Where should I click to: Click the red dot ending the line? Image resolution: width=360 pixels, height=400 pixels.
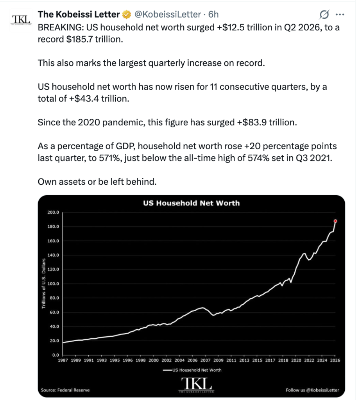pos(335,221)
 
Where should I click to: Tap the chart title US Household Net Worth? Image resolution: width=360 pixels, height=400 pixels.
pos(191,203)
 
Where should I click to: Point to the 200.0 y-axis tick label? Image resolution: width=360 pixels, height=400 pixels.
pos(53,212)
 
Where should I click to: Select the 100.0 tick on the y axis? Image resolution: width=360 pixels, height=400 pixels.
pos(53,284)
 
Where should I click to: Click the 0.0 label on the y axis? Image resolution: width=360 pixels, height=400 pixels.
pos(56,355)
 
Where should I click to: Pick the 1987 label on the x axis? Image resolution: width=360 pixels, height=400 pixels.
pos(63,360)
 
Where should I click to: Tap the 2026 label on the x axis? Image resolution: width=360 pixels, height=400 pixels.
pos(335,360)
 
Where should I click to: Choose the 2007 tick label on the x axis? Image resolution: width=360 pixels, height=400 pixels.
pos(205,360)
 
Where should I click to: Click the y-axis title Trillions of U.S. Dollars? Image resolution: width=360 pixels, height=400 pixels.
pos(44,284)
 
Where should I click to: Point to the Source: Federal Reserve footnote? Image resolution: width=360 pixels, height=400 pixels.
pos(65,390)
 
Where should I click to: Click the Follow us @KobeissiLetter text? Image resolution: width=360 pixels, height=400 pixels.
pos(312,390)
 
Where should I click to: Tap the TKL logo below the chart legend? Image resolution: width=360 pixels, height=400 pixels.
pos(196,385)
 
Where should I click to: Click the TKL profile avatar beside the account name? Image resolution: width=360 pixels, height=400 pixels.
pos(21,20)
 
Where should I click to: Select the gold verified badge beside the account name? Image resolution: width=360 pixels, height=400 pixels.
pos(127,14)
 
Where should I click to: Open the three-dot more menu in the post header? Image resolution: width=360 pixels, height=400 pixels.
pos(340,14)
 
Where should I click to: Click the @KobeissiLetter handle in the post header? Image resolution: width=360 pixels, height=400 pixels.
pos(167,14)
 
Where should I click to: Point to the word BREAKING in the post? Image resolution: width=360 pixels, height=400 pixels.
pos(61,27)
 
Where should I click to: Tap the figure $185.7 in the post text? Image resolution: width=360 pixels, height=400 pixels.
pos(79,39)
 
